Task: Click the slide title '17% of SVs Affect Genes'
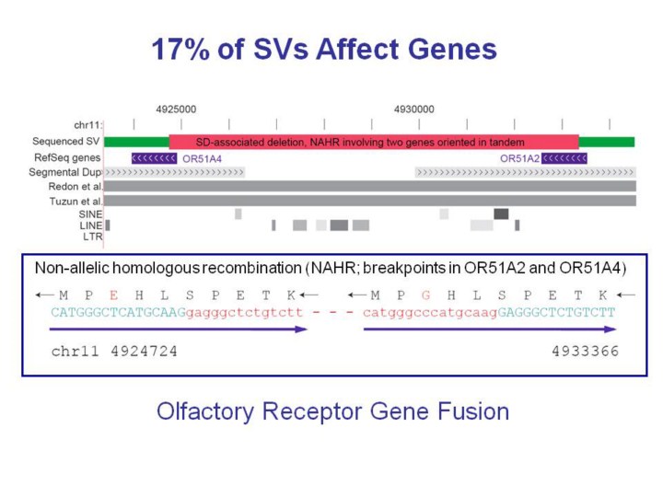pyautogui.click(x=323, y=50)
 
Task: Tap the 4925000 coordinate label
pyautogui.click(x=176, y=109)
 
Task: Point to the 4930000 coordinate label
pyautogui.click(x=414, y=109)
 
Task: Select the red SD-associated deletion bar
pyautogui.click(x=374, y=142)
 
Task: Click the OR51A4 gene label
pyautogui.click(x=202, y=158)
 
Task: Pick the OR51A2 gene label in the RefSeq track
pyautogui.click(x=519, y=158)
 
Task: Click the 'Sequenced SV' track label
pyautogui.click(x=66, y=142)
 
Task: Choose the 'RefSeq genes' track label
pyautogui.click(x=67, y=157)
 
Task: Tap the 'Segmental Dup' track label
pyautogui.click(x=65, y=172)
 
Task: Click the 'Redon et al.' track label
pyautogui.click(x=76, y=186)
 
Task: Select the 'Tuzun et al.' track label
pyautogui.click(x=76, y=200)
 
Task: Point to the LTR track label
pyautogui.click(x=92, y=237)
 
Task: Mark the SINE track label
pyautogui.click(x=90, y=213)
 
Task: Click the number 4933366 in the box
pyautogui.click(x=585, y=351)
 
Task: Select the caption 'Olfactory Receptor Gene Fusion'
pyautogui.click(x=331, y=410)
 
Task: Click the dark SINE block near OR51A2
pyautogui.click(x=501, y=214)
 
